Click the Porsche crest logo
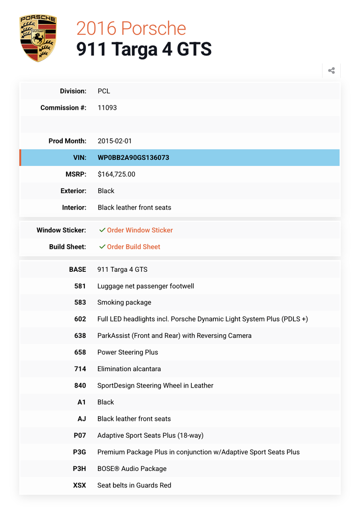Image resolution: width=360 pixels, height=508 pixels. (x=37, y=37)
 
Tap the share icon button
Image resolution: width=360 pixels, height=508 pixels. (x=331, y=71)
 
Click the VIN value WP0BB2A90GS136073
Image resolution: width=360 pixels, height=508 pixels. (x=134, y=157)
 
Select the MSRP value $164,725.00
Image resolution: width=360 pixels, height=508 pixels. (x=116, y=174)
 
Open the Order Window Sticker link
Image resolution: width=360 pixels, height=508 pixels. (x=140, y=230)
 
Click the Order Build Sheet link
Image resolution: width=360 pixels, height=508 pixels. (x=134, y=247)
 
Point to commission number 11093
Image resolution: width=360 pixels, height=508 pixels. (x=107, y=108)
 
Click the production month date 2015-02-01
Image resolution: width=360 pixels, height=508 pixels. (x=115, y=141)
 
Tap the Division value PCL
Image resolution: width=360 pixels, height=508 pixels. (x=104, y=91)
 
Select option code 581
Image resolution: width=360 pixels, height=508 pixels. (x=80, y=286)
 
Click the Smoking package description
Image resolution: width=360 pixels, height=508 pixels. (x=124, y=302)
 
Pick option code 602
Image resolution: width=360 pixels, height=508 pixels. (x=80, y=319)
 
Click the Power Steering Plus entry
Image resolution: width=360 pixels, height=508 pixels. (x=127, y=352)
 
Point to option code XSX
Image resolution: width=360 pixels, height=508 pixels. (x=80, y=485)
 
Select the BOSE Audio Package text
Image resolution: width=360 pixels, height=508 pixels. (x=132, y=469)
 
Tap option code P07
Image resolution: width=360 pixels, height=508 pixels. (x=80, y=435)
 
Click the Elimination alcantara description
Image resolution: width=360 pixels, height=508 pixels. (x=129, y=369)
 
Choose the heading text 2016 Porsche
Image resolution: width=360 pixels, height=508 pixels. (x=131, y=29)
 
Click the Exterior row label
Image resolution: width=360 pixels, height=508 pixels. (x=74, y=191)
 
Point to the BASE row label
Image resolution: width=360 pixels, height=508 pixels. (x=77, y=269)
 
